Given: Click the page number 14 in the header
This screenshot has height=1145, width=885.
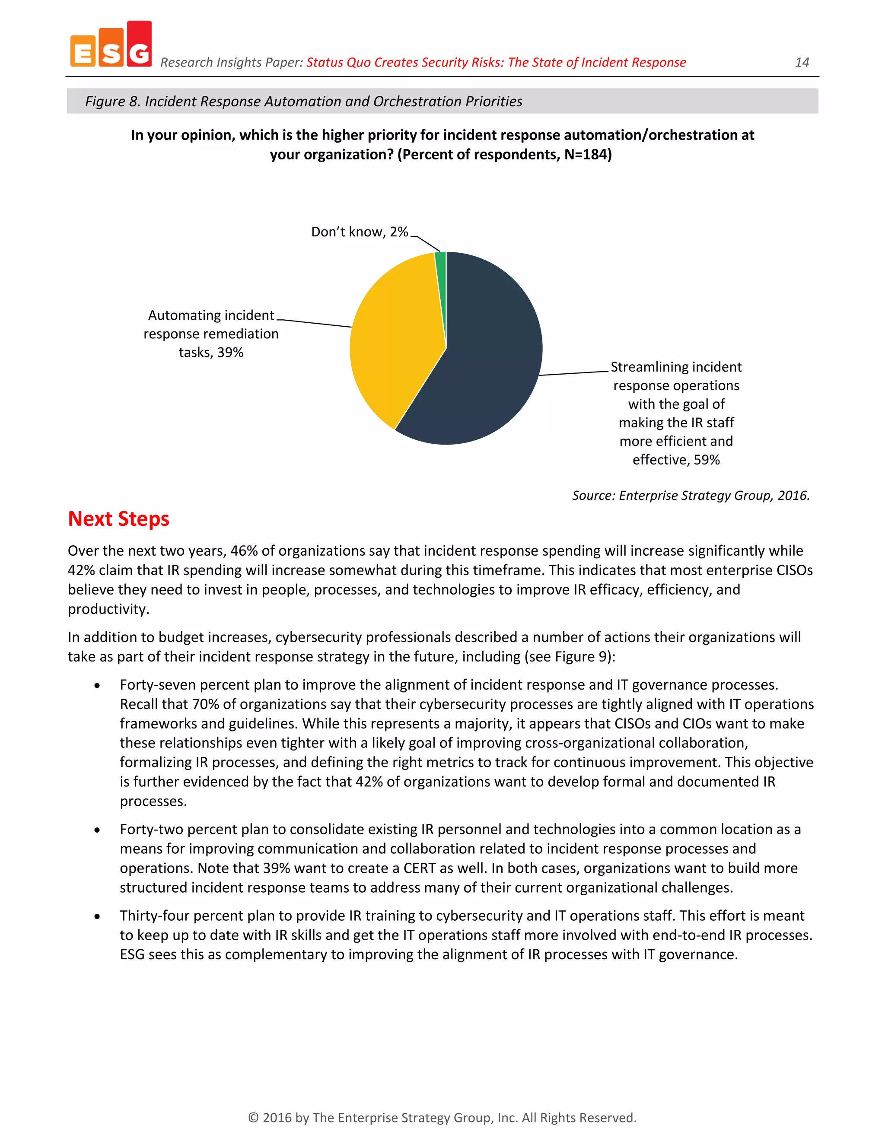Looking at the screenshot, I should pos(802,62).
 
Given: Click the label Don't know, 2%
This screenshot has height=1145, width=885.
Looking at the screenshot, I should pos(359,232).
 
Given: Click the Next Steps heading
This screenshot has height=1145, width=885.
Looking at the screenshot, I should pos(118,518).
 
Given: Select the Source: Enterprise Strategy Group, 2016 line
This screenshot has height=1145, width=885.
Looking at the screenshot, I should pos(691,496).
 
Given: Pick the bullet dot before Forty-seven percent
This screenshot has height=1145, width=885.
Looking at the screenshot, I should pos(97,686).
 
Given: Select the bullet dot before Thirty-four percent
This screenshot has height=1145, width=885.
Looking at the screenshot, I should pos(97,916).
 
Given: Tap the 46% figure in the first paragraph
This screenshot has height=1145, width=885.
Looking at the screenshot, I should pos(244,551).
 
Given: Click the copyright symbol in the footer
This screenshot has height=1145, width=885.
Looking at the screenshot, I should pos(253,1118).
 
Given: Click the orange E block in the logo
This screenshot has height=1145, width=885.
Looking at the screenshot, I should pos(83,51).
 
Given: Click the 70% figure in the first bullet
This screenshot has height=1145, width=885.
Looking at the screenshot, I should pos(206,704).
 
